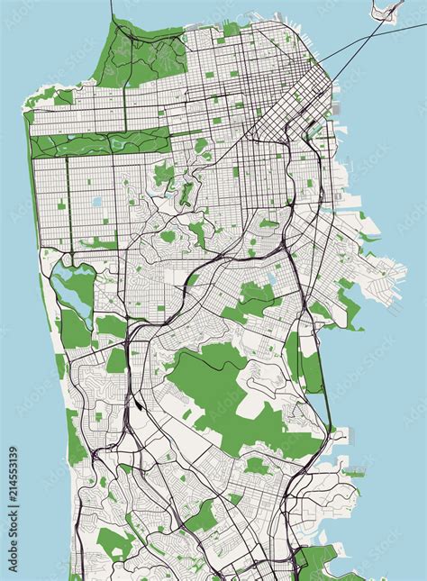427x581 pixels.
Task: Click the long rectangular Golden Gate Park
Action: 99,143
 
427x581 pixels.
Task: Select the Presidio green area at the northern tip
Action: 135,54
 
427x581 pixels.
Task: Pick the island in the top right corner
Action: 389,11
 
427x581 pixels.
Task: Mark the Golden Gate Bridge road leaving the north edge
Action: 112,11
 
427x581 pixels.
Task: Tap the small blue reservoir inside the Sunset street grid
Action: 97,204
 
